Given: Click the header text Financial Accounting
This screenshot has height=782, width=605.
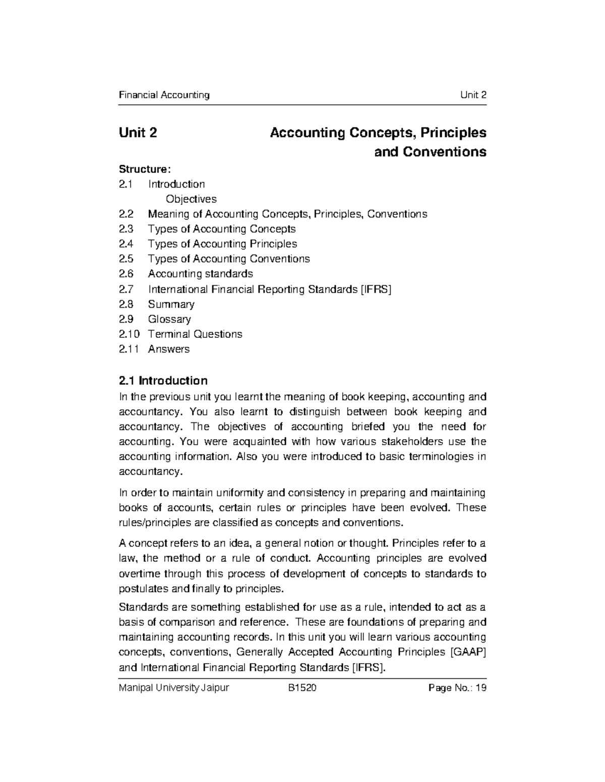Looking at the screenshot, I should [164, 95].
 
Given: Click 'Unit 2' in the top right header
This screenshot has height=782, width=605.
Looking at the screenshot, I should [473, 95].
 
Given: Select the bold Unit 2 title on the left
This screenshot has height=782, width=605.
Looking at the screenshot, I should [138, 133].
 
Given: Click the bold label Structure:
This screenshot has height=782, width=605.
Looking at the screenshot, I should [141, 169].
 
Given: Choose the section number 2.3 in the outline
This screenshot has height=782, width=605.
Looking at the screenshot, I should [126, 229].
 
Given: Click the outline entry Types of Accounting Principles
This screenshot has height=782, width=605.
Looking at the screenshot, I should [222, 244].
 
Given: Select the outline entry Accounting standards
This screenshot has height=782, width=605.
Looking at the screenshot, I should [200, 274].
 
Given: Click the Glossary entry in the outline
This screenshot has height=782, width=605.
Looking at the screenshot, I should [169, 319].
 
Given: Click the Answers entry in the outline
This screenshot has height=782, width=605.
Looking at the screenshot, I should [169, 349].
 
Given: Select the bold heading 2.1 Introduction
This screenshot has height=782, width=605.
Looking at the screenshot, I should [163, 380].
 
